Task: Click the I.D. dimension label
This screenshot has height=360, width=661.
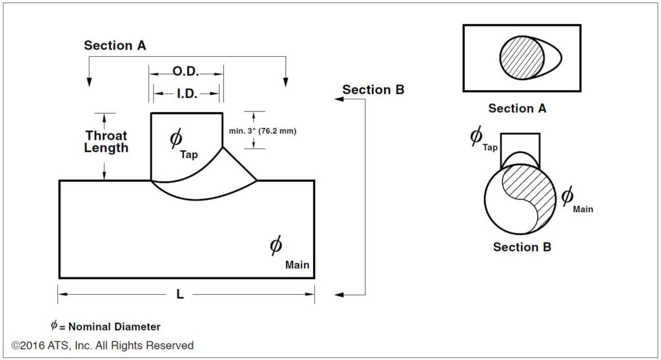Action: (x=187, y=94)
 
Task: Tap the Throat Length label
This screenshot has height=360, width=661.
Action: (x=107, y=141)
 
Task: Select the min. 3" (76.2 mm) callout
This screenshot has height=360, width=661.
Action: (x=262, y=131)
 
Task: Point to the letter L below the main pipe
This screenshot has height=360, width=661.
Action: (x=180, y=295)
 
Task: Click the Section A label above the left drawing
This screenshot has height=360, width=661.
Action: (x=115, y=45)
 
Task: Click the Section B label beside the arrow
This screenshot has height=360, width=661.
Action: (x=373, y=90)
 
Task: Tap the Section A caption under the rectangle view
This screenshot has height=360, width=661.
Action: (x=517, y=108)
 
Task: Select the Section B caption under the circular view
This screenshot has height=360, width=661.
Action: (x=522, y=247)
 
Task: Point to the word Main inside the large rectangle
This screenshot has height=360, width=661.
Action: (x=297, y=265)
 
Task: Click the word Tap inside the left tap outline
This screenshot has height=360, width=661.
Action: (x=189, y=155)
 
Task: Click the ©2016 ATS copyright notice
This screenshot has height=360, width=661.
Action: (x=103, y=346)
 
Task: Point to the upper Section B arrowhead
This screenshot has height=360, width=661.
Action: (x=337, y=99)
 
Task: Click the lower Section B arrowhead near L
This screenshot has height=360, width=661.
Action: (x=337, y=295)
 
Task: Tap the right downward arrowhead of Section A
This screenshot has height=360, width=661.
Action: (x=285, y=81)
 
